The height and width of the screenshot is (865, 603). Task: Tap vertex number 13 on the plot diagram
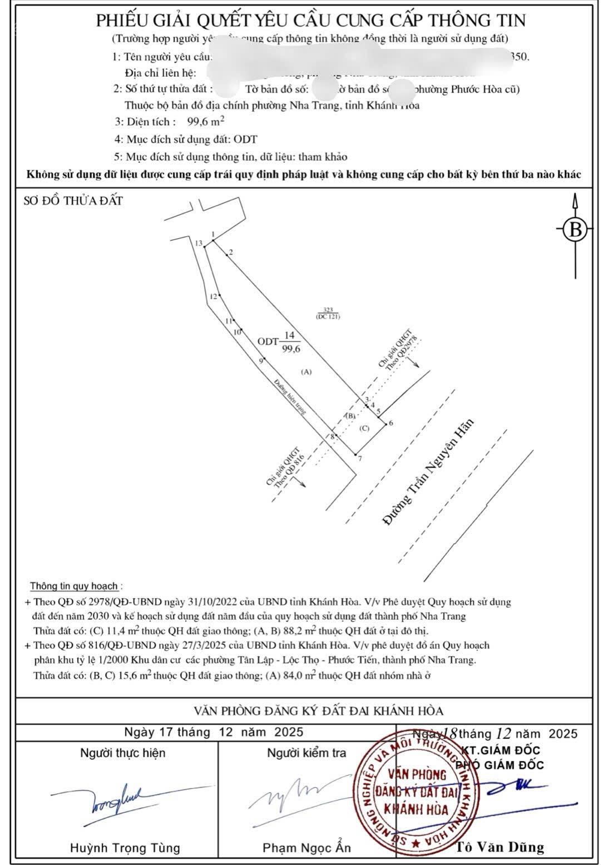click(x=199, y=243)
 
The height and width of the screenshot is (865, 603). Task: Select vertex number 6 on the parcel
click(x=391, y=423)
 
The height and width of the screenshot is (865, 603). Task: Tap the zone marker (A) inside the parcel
click(x=306, y=371)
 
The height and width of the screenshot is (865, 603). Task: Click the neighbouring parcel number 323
click(x=328, y=310)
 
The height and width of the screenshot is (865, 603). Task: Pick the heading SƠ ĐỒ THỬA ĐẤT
click(x=73, y=201)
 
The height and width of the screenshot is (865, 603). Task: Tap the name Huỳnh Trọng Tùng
click(x=125, y=848)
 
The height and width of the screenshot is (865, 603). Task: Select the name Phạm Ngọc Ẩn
click(x=307, y=848)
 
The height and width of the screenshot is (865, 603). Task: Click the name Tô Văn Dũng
click(x=500, y=847)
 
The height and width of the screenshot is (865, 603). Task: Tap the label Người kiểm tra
click(x=307, y=753)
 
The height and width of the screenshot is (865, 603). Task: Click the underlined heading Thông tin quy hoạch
click(x=74, y=586)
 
